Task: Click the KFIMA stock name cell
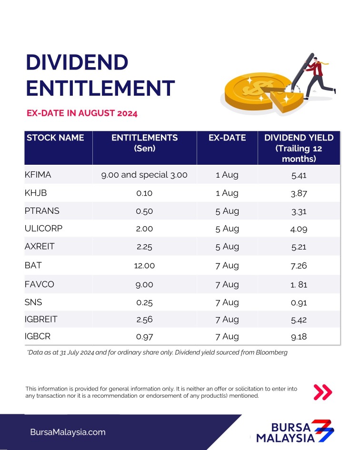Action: point(38,175)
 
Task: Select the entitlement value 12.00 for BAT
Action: point(144,266)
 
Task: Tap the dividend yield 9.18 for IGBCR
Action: point(299,337)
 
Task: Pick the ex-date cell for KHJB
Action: point(227,193)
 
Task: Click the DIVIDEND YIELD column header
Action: point(299,148)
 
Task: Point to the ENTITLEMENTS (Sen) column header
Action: point(144,143)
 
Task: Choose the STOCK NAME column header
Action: point(55,138)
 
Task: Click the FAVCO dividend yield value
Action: point(299,284)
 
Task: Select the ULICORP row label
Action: point(43,229)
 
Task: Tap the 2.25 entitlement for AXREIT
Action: point(144,247)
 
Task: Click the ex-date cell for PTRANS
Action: point(227,211)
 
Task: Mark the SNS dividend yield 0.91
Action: point(299,302)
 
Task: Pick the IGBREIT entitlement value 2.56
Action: point(144,320)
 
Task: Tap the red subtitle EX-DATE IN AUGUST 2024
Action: point(82,113)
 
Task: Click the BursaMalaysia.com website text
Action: point(68,432)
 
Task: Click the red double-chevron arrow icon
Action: point(322,392)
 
